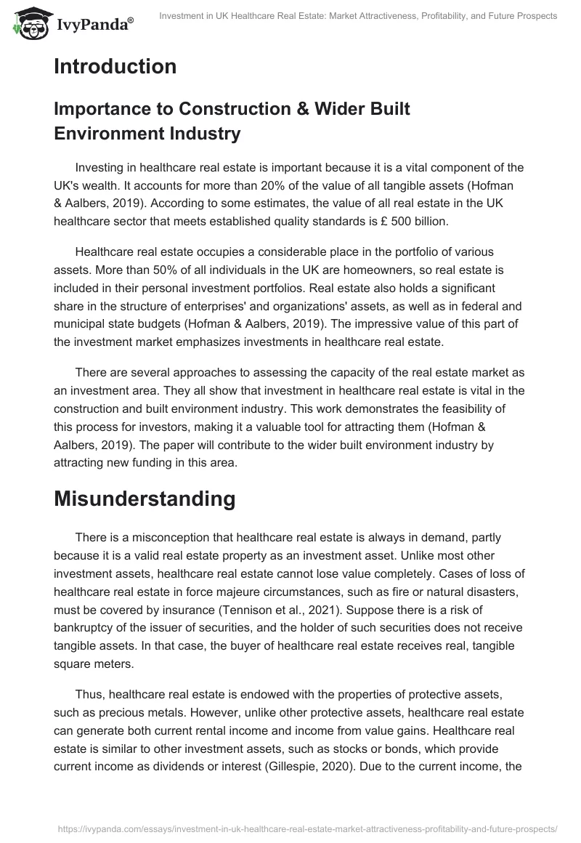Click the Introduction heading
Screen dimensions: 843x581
click(115, 67)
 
